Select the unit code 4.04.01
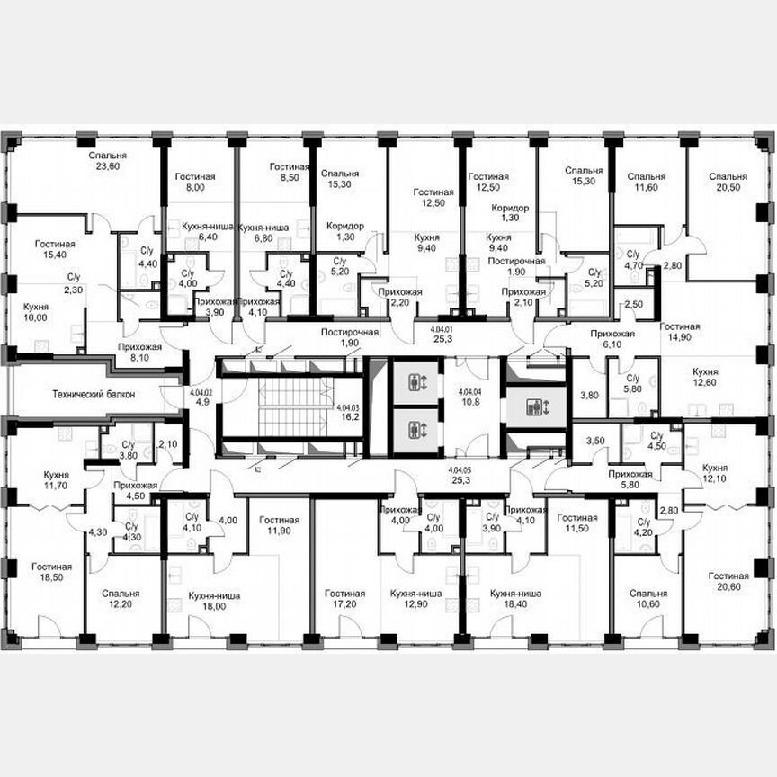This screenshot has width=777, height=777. [442, 330]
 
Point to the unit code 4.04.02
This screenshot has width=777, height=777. [201, 392]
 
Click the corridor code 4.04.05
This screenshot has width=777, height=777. [460, 470]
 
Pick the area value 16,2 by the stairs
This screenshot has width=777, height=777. [347, 417]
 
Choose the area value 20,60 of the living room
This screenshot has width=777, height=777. [728, 587]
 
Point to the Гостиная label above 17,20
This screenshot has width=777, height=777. [345, 594]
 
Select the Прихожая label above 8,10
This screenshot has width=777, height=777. [139, 346]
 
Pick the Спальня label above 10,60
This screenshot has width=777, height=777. [647, 594]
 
